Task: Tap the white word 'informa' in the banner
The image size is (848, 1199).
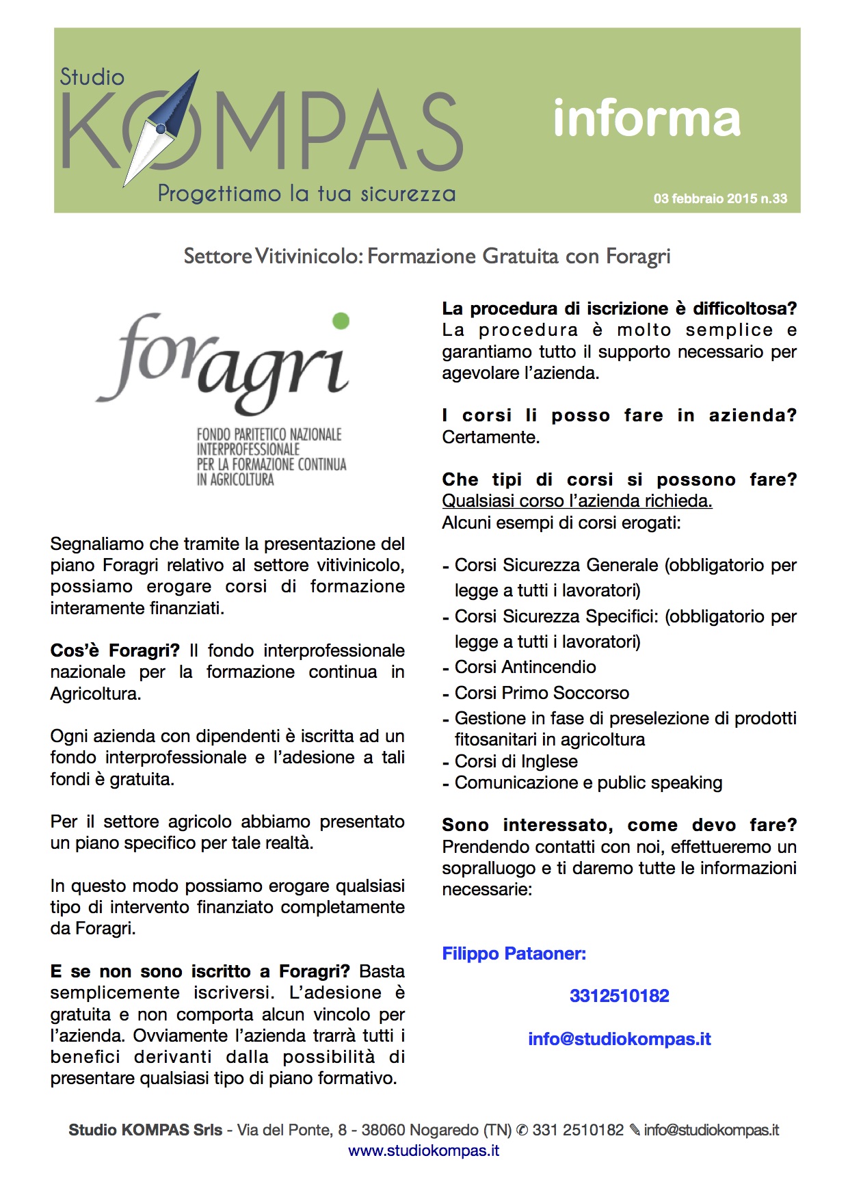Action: (646, 118)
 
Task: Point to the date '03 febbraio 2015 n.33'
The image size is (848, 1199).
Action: (720, 198)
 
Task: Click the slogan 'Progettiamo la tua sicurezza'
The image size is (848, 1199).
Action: (306, 194)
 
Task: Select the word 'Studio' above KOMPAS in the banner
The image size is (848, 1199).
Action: (92, 77)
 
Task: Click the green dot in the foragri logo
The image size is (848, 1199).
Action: (341, 321)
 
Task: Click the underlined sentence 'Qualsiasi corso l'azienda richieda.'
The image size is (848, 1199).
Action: (577, 501)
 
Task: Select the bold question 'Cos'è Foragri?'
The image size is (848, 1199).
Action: (115, 650)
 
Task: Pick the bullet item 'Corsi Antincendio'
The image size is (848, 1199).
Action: (525, 667)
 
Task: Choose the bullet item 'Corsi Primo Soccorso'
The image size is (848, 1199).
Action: (541, 693)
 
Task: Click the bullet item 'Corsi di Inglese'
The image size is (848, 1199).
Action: (516, 761)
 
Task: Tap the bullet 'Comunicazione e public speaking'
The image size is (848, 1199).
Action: (588, 782)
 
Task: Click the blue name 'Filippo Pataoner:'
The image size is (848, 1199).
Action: (514, 953)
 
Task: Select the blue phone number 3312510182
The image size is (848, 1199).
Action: (619, 996)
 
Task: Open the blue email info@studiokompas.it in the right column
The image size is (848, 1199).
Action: (619, 1039)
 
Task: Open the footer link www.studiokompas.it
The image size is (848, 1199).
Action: (423, 1150)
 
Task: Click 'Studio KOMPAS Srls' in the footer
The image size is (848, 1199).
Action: (145, 1130)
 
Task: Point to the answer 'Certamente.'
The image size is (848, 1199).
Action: (490, 437)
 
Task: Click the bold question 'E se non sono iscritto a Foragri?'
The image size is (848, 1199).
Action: (200, 971)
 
